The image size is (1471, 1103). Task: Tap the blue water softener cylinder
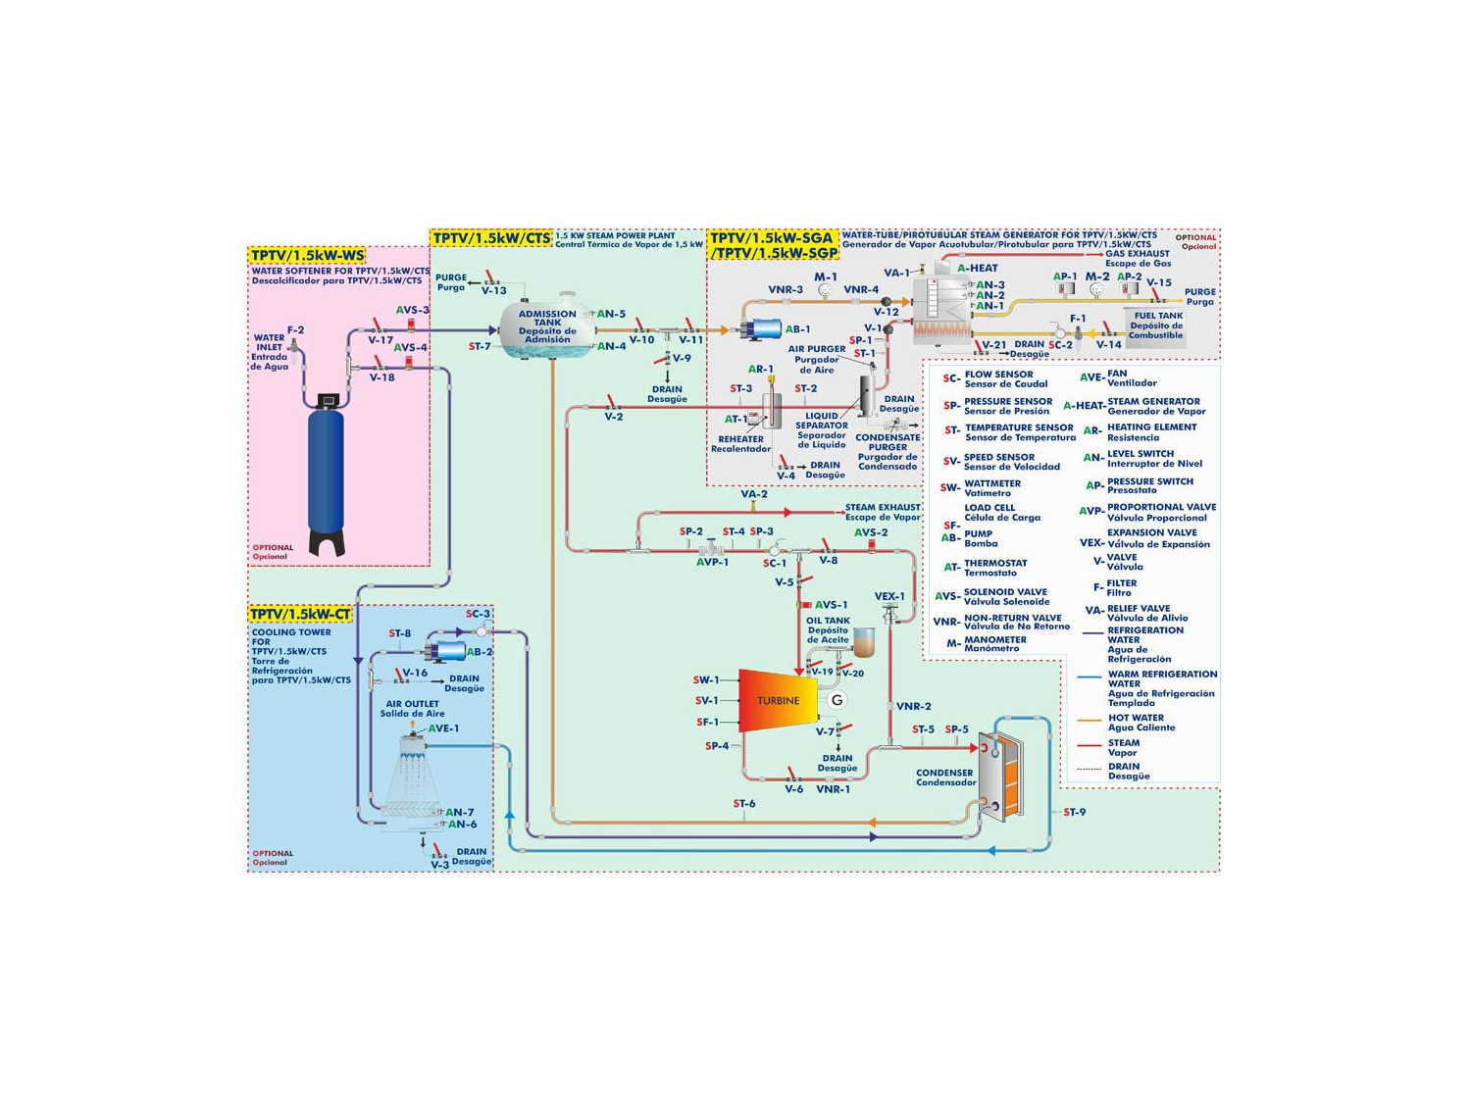click(x=326, y=471)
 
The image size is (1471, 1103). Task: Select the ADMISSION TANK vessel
click(x=547, y=327)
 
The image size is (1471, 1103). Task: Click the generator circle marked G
click(x=837, y=700)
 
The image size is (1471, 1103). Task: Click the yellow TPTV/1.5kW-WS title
click(x=307, y=256)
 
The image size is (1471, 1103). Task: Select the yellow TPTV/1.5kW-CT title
click(x=300, y=615)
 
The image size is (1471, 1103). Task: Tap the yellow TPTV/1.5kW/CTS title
click(x=491, y=238)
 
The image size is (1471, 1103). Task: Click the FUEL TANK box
click(x=1155, y=326)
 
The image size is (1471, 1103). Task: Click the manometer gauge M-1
click(x=825, y=290)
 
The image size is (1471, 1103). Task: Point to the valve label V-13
click(x=493, y=291)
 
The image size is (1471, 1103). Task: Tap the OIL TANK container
click(x=863, y=643)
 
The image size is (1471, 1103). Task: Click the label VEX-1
click(x=889, y=596)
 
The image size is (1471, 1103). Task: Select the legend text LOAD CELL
click(x=989, y=508)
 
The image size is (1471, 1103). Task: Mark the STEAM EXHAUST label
click(x=883, y=508)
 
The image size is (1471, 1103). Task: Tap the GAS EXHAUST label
click(x=1138, y=254)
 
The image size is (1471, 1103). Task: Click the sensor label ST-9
click(x=1075, y=813)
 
